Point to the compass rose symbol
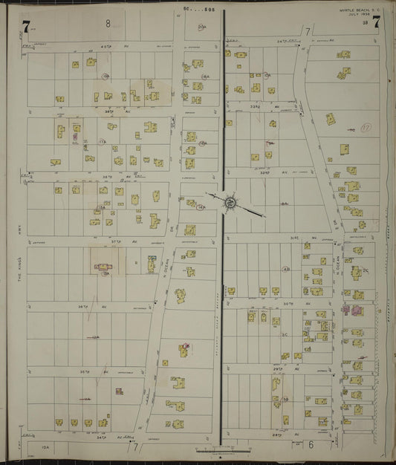click(x=230, y=200)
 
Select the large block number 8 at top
click(x=108, y=24)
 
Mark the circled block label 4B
click(x=286, y=269)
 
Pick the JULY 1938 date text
click(x=358, y=16)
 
